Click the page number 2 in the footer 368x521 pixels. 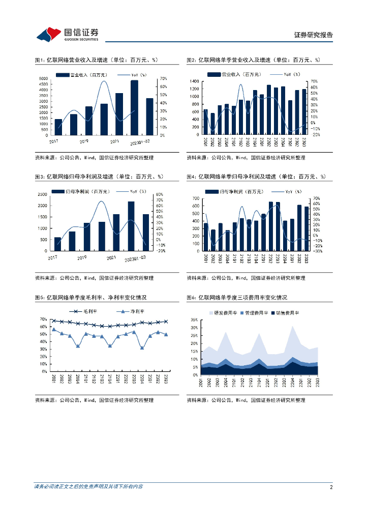[x=331, y=487]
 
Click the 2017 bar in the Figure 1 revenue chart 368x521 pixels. [x=58, y=127]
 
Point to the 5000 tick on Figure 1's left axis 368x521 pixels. [x=45, y=78]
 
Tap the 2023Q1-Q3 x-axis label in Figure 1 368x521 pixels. [x=141, y=142]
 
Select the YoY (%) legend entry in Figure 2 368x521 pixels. [x=290, y=74]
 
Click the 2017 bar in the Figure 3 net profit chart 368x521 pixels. [x=57, y=244]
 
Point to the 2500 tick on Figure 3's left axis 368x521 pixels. [x=43, y=194]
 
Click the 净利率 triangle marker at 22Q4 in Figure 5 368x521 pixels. [x=142, y=348]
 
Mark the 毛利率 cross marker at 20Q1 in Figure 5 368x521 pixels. [x=54, y=321]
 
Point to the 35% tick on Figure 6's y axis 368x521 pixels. [x=195, y=320]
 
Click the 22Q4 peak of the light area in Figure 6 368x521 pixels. [x=292, y=326]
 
